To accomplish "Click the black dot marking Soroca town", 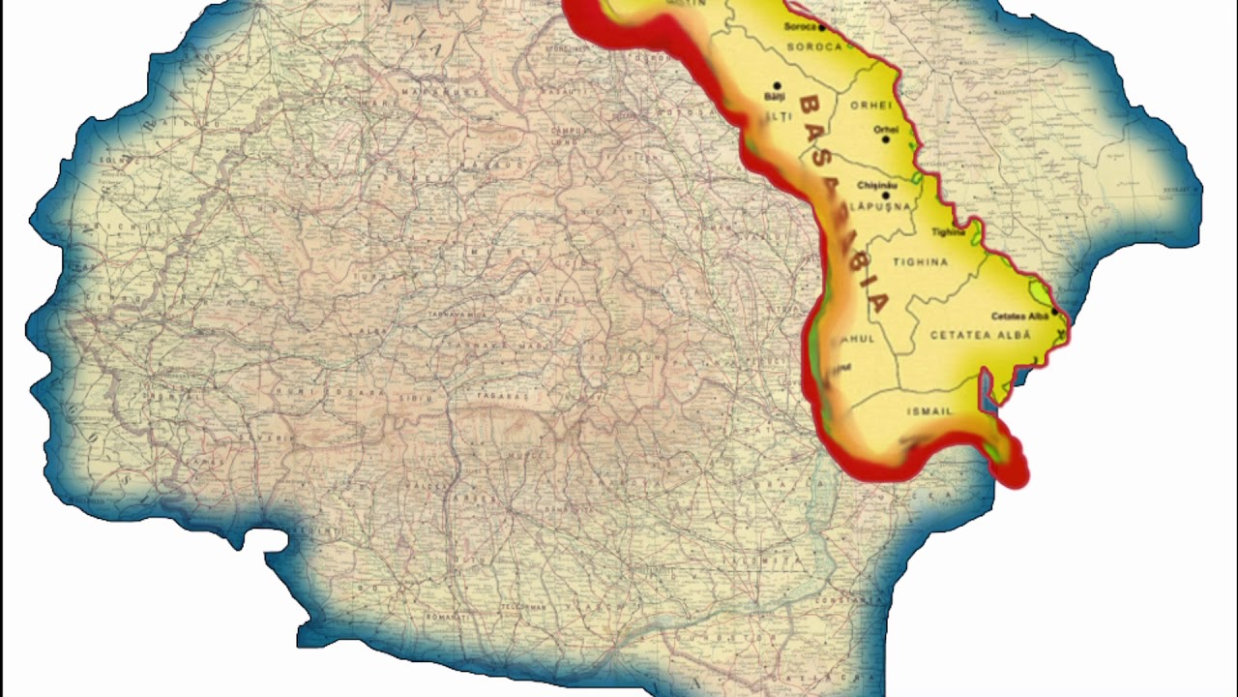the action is coord(821,28).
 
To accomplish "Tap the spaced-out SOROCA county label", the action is coord(814,46).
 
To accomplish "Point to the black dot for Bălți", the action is coord(777,85).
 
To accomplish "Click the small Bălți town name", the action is coord(772,98).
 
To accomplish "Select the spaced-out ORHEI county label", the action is coord(870,105).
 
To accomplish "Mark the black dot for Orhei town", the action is coord(885,140).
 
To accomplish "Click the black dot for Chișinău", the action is coord(885,196).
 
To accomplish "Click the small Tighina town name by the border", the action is coord(948,232).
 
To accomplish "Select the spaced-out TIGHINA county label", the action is coord(920,262).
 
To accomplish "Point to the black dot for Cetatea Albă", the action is coord(1053,312).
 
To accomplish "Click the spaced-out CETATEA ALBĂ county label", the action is coord(980,335).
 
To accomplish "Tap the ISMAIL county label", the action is coord(929,411).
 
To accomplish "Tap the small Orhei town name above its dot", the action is coord(885,128).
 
